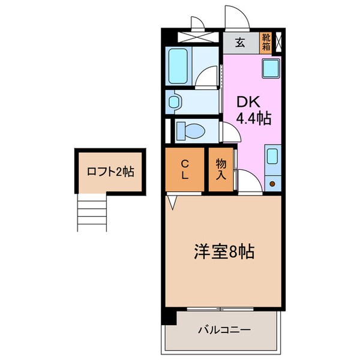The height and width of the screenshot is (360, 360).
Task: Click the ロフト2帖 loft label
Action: (110, 172)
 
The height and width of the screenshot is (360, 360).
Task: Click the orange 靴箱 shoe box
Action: (265, 43)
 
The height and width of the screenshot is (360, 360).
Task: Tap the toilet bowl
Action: (191, 130)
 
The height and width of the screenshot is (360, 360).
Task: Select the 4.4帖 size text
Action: (253, 119)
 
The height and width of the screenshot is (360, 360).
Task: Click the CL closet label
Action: (185, 169)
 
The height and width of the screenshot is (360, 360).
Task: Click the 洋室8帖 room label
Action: (224, 251)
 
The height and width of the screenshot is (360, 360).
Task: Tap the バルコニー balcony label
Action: (223, 330)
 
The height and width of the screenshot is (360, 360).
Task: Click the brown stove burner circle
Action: (272, 184)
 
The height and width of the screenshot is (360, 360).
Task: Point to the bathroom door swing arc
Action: (208, 76)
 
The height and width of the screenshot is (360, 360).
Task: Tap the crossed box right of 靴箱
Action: (278, 43)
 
